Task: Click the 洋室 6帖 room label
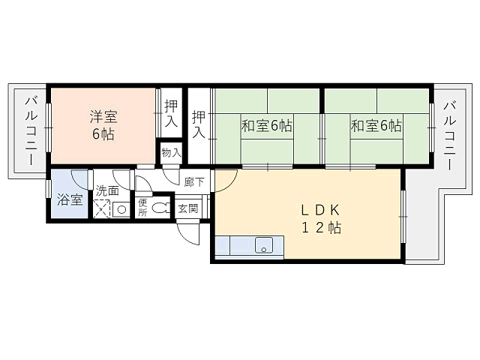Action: click(x=103, y=125)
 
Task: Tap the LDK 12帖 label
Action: click(x=321, y=219)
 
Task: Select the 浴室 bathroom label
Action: click(x=70, y=200)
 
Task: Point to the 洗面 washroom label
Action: click(x=107, y=190)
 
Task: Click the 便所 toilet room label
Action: click(x=142, y=208)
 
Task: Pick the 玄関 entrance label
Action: click(x=188, y=208)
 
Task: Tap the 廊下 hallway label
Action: click(x=194, y=182)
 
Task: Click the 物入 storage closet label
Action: click(x=172, y=152)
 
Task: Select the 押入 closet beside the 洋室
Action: click(x=171, y=112)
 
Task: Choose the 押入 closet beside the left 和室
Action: click(x=199, y=124)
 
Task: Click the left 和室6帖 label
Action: click(x=267, y=125)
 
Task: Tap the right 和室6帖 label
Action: click(x=376, y=125)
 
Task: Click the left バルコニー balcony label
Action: click(x=31, y=130)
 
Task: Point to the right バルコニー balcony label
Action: click(x=450, y=136)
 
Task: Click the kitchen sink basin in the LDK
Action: click(x=264, y=245)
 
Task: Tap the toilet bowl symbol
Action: click(x=160, y=208)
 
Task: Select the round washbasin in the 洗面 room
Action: click(x=121, y=210)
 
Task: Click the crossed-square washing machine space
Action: click(x=101, y=208)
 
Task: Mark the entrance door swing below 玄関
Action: click(x=187, y=232)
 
